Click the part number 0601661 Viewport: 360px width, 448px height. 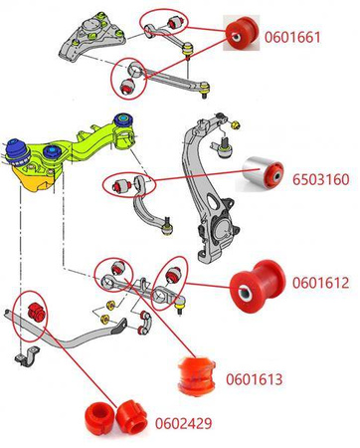(x=292, y=37)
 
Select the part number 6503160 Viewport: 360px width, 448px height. (x=320, y=179)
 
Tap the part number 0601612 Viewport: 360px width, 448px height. (x=320, y=283)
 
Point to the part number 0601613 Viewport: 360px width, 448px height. (x=255, y=379)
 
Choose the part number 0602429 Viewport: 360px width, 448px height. (x=184, y=423)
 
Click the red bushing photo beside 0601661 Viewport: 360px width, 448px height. (x=242, y=32)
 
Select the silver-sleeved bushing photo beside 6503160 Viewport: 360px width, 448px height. (x=263, y=173)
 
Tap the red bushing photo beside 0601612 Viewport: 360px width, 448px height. (x=258, y=286)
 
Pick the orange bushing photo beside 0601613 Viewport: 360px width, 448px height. (x=197, y=376)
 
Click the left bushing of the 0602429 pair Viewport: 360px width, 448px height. (x=99, y=417)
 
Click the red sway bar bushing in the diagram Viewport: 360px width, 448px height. (x=35, y=312)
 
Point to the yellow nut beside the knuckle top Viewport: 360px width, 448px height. (x=235, y=125)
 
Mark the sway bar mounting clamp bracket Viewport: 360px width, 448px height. (x=27, y=356)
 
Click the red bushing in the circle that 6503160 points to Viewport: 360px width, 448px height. (x=120, y=185)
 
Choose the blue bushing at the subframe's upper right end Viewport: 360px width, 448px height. (x=123, y=120)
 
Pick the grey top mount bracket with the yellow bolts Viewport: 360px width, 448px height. (x=92, y=37)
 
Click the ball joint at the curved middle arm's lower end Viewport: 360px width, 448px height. (x=168, y=227)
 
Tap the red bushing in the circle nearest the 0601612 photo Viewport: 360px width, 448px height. (x=173, y=274)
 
